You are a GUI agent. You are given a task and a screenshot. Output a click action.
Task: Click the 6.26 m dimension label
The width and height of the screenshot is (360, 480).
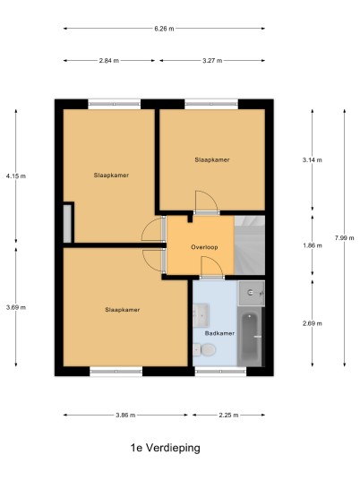coord(164,29)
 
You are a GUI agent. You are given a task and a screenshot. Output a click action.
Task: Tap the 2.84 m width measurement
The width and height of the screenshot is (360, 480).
coord(109,61)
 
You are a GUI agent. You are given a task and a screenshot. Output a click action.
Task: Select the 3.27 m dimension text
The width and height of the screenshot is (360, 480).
coord(212,61)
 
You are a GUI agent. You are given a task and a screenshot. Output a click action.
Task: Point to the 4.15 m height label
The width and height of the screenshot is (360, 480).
coord(16,176)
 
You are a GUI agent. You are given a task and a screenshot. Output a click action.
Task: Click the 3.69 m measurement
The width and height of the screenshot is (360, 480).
coord(16,307)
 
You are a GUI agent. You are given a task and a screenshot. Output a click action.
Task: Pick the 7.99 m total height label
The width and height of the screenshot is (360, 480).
coord(345,238)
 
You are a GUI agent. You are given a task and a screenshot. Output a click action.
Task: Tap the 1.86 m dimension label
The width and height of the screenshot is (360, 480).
coord(313,245)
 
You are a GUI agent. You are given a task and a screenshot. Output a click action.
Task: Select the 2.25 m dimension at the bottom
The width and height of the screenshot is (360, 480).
coord(228,416)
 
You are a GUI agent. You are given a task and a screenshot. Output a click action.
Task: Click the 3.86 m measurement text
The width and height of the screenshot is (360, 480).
coord(125,416)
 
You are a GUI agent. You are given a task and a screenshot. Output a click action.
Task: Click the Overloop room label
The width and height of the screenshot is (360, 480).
coord(204,247)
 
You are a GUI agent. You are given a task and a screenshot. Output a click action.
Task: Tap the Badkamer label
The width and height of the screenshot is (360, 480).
coord(219,333)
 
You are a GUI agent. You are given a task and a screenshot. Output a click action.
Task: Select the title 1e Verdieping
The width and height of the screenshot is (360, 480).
coord(166,448)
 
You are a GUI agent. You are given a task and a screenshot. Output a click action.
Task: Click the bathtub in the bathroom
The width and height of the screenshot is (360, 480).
coord(250,337)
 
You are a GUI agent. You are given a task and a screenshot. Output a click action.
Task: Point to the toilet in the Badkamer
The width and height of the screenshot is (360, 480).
coord(204,349)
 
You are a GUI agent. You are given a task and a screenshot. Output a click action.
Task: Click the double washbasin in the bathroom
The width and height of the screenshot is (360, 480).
coord(201,315)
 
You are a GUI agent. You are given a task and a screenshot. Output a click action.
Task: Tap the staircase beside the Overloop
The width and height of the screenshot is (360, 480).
coord(250,244)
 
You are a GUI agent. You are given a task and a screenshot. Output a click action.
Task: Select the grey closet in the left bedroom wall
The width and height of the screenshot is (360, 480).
coord(67,224)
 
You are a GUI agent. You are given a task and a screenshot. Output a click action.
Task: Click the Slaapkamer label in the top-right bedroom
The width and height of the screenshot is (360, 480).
coord(212,159)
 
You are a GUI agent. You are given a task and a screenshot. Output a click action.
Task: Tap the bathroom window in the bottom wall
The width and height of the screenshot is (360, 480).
coord(220,372)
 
